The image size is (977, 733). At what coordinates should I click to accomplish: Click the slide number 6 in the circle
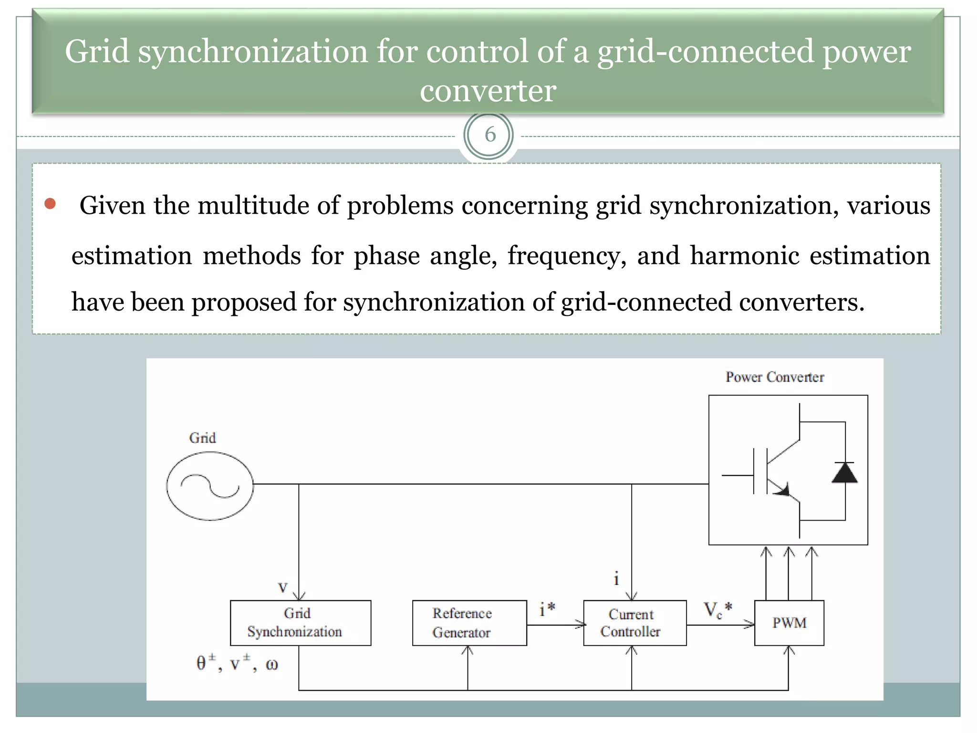489,135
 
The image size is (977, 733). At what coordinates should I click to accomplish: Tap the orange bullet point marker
50,204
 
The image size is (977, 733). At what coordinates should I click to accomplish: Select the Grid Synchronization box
300,622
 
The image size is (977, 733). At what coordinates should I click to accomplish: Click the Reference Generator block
469,622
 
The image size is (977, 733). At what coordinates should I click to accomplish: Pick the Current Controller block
634,622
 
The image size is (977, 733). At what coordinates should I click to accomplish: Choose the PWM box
789,622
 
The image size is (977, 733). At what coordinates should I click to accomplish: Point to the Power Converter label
774,377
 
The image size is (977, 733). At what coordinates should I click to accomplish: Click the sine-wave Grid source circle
210,485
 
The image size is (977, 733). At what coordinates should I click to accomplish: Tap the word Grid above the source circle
202,438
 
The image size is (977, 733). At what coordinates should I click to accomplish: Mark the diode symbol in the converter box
844,472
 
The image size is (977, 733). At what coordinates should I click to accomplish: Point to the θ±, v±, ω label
237,663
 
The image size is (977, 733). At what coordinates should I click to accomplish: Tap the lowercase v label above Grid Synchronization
282,587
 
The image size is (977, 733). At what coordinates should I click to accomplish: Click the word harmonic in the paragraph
744,255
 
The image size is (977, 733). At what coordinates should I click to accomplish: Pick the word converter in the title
488,91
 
